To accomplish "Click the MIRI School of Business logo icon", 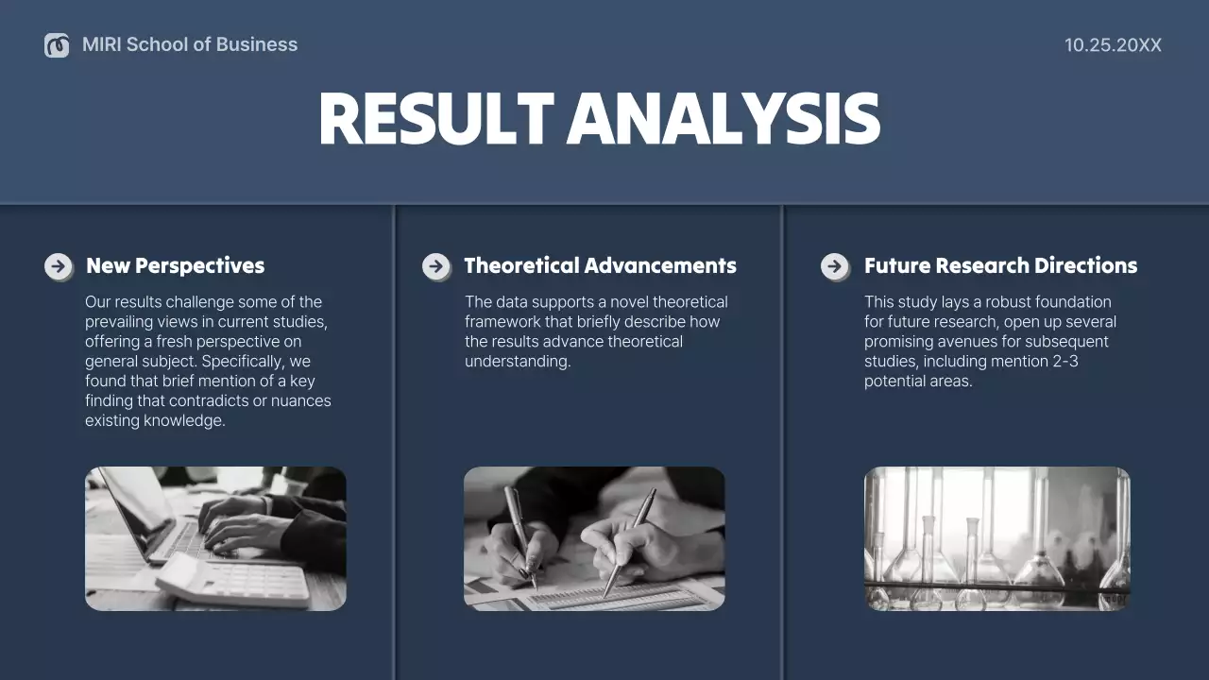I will [57, 44].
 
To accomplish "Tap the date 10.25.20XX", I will [1113, 44].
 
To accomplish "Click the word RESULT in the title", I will [435, 119].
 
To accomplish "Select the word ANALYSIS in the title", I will [724, 119].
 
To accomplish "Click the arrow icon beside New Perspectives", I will [59, 266].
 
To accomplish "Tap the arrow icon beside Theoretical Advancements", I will [435, 266].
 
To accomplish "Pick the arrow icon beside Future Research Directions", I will [835, 266].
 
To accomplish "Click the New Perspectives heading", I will [175, 265].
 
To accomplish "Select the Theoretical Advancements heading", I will [600, 265].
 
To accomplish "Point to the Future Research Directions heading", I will [1000, 265].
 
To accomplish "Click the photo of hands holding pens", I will [594, 538].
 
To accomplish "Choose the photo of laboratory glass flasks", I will [996, 538].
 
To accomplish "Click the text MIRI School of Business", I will [190, 44].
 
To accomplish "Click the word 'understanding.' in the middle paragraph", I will [518, 362].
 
